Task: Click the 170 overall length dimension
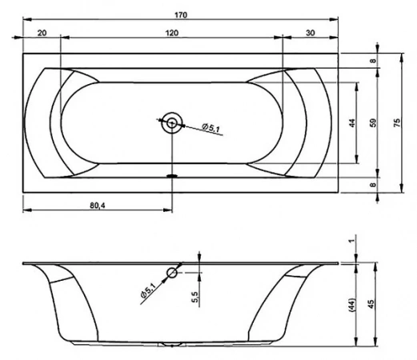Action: tap(181, 15)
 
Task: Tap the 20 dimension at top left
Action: tap(42, 33)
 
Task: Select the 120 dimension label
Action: tap(172, 33)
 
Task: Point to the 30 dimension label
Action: tap(311, 33)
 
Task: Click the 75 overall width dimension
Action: tap(397, 122)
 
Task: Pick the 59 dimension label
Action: tap(374, 122)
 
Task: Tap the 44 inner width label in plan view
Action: tap(352, 123)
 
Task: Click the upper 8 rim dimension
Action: tap(373, 61)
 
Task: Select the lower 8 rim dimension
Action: tap(373, 184)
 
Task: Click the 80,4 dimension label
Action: tap(98, 205)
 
